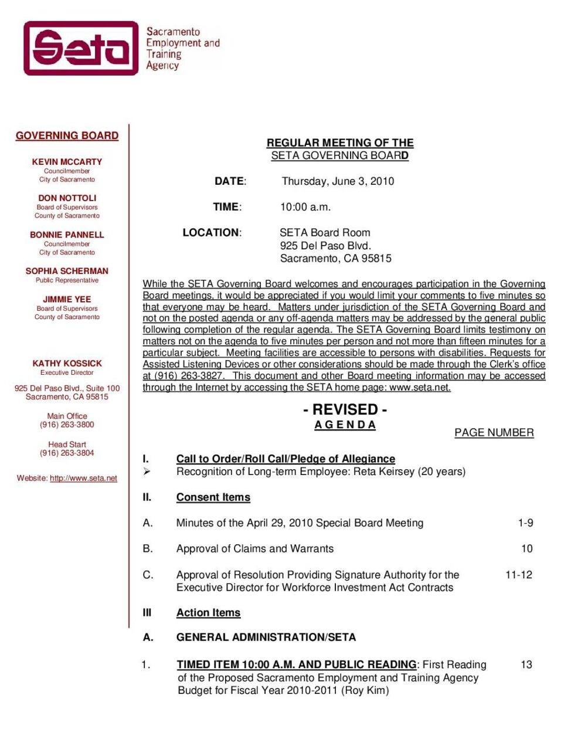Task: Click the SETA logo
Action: (x=81, y=48)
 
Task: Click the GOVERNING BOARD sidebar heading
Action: (x=67, y=136)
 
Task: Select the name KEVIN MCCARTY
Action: (x=67, y=162)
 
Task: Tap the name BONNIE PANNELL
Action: (x=67, y=235)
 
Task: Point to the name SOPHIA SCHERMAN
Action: (x=67, y=271)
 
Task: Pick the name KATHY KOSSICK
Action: (x=67, y=364)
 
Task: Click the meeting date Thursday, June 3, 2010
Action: (x=338, y=181)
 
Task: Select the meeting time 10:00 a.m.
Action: (x=305, y=207)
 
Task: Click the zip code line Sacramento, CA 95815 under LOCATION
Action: (x=335, y=259)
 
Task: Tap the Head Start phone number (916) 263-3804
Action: (x=67, y=453)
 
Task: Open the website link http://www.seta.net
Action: (x=83, y=479)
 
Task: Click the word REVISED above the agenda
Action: (x=345, y=409)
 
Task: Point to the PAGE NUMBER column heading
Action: (x=494, y=433)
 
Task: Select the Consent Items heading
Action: (x=213, y=497)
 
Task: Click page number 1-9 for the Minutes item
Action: (x=525, y=523)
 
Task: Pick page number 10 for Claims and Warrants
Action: (x=526, y=549)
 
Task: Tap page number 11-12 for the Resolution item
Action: (x=518, y=575)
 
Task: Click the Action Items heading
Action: (x=208, y=613)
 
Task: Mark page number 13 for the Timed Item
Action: (x=526, y=665)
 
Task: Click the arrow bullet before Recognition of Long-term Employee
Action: (x=147, y=472)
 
